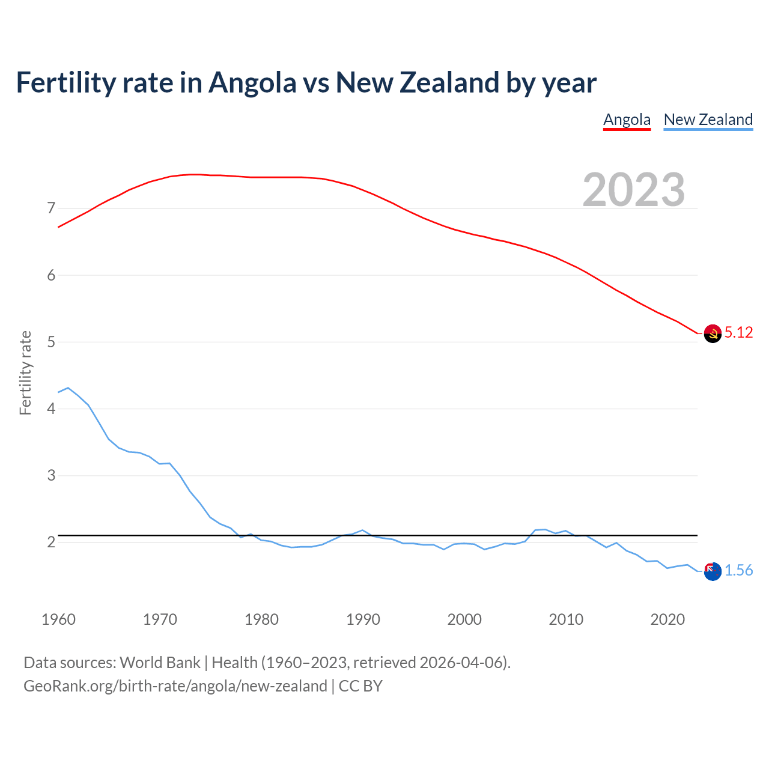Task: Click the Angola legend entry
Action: [x=627, y=120]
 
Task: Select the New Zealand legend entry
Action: [x=708, y=120]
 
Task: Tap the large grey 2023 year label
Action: [x=633, y=190]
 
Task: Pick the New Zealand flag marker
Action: [x=713, y=571]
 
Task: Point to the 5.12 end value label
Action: [x=738, y=333]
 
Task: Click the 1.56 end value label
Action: [x=738, y=571]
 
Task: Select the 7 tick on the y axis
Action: [x=51, y=208]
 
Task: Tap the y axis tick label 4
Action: [x=51, y=409]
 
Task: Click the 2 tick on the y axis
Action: [x=51, y=543]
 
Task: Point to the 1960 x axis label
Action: [x=58, y=619]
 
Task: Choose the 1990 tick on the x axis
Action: [x=363, y=619]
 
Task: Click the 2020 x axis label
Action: [x=667, y=619]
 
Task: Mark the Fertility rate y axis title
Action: [x=25, y=372]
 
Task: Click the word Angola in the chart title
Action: [x=252, y=82]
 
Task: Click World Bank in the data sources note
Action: [x=160, y=663]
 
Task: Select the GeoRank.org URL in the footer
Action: [x=175, y=686]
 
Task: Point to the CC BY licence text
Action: [x=360, y=686]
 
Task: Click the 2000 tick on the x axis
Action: [x=464, y=619]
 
